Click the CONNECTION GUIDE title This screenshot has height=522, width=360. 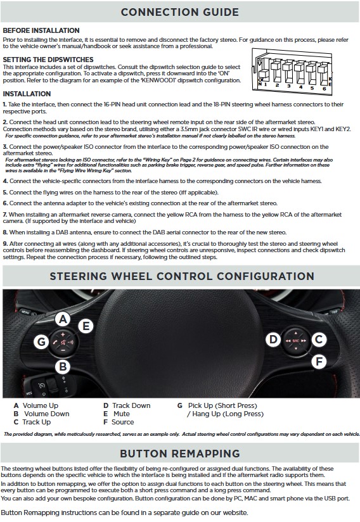pos(180,12)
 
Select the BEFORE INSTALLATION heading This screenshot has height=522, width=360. pos(41,30)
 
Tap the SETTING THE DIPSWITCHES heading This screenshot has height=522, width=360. pos(48,60)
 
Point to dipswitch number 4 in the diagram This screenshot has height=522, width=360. pos(301,73)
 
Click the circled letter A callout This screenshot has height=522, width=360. pos(63,319)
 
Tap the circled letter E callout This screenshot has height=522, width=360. pos(86,326)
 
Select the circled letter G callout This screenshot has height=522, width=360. pos(41,341)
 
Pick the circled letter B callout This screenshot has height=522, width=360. pos(63,367)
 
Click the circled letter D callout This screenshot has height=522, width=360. pos(273,339)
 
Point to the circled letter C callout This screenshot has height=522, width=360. pos(319,339)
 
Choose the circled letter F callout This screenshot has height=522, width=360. pos(319,361)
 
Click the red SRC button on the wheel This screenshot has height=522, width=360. pos(296,341)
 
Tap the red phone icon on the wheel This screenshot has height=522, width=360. pos(55,342)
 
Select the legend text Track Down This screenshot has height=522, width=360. pos(131,405)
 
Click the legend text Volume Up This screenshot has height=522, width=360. pos(41,405)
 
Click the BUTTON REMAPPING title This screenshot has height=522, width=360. pos(180,454)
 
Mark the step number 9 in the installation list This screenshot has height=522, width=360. pos(5,244)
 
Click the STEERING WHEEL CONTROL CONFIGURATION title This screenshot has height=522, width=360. pos(182,276)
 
